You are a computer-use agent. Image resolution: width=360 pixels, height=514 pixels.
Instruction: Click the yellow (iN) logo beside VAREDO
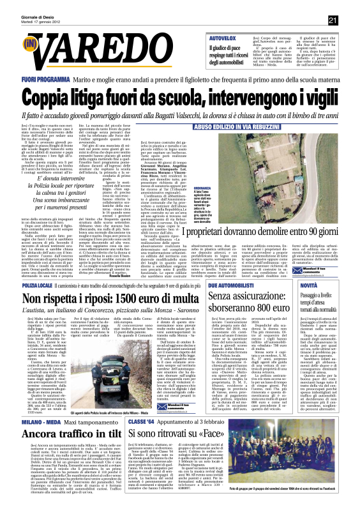[29, 44]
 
